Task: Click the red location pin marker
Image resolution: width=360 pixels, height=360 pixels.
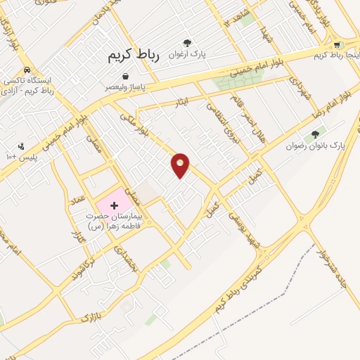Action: [181, 165]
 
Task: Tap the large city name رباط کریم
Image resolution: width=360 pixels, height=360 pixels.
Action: [134, 56]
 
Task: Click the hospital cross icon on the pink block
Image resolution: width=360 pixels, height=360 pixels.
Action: [115, 205]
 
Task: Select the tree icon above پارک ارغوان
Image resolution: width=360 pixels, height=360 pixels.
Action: [187, 43]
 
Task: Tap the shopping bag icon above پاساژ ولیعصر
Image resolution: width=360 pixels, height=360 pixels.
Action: [125, 76]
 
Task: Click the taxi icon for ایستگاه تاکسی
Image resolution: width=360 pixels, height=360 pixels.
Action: [26, 70]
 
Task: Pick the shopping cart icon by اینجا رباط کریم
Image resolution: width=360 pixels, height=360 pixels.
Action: [338, 45]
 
